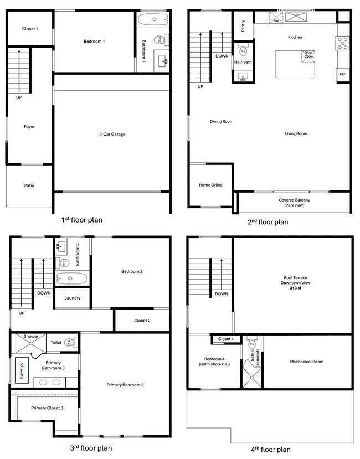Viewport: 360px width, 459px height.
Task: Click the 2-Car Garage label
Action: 112,134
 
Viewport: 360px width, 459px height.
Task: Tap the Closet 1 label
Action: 30,29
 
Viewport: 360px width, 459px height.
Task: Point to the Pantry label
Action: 243,25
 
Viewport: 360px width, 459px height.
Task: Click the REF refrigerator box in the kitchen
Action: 342,74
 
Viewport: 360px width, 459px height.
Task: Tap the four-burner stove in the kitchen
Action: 342,43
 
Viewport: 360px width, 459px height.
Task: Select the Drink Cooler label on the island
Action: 308,55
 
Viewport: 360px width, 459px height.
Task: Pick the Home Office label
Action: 210,185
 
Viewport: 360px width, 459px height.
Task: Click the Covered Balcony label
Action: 294,203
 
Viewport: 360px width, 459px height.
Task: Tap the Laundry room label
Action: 73,298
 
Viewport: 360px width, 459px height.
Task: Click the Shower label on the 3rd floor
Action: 31,336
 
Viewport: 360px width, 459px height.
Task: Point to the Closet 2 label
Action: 142,320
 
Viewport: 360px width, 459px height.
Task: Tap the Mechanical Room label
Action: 306,362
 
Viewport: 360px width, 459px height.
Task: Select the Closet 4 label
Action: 225,339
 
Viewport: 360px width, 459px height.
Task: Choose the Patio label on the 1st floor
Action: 29,185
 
